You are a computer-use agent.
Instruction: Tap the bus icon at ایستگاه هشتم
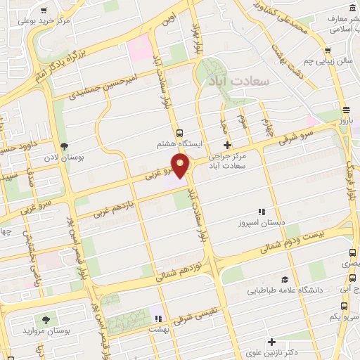coord(180,132)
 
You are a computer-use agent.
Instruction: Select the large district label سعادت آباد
coord(239,82)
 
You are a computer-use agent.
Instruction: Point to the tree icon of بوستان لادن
coord(65,146)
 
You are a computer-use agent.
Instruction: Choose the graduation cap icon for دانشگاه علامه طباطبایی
coord(284,279)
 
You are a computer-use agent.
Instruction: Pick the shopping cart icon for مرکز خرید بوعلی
coord(44,11)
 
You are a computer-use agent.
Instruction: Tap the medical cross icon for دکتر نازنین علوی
coord(271,342)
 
